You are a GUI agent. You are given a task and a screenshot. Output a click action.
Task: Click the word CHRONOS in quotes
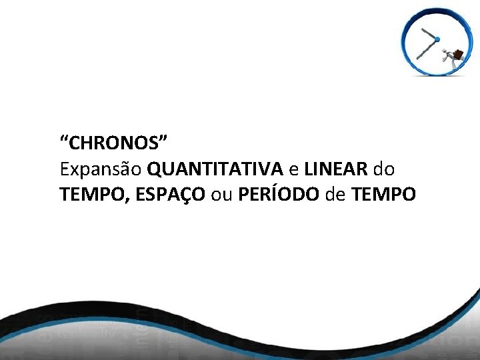(113, 143)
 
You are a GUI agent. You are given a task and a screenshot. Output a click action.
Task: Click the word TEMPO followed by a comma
(88, 195)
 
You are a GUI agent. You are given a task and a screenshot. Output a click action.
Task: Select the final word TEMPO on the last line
(384, 195)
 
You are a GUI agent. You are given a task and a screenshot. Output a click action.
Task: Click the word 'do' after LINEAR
(384, 169)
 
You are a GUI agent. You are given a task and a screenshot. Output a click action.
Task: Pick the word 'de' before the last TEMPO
(335, 195)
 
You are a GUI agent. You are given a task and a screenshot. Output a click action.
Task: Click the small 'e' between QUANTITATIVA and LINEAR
(293, 169)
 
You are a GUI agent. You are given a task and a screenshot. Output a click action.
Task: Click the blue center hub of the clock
(437, 40)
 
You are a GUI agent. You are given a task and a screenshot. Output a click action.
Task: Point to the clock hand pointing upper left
(428, 33)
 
